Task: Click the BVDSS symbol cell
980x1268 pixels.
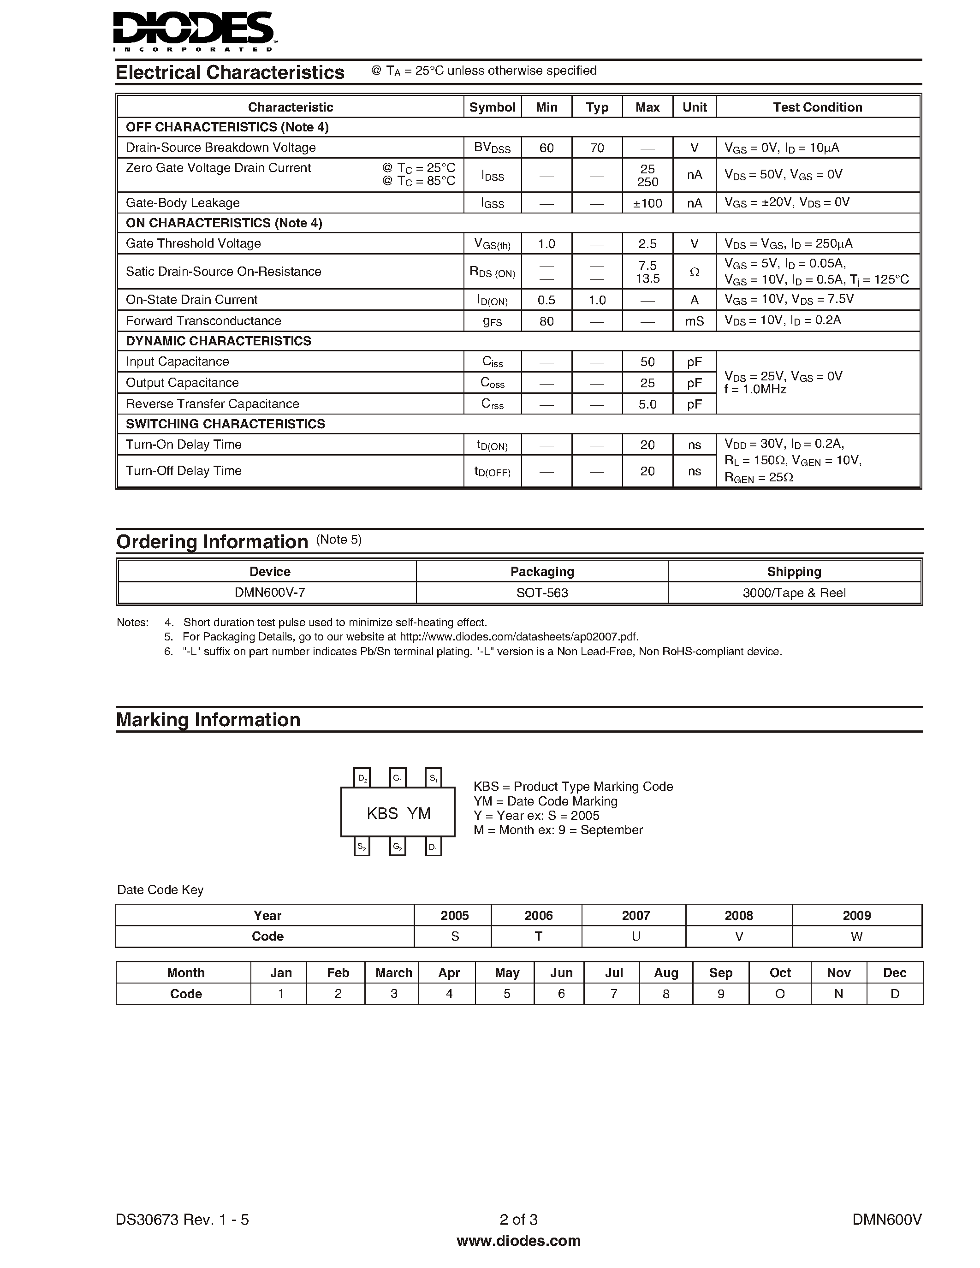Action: (x=493, y=148)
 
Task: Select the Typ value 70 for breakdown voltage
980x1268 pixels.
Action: (x=597, y=148)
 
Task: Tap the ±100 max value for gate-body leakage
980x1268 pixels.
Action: (x=647, y=202)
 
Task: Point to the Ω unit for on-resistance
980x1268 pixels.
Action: (x=695, y=272)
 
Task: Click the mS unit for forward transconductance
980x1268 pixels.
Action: (x=695, y=321)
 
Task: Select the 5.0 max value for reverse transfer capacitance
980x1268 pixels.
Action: (x=647, y=404)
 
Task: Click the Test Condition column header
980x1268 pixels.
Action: (x=818, y=107)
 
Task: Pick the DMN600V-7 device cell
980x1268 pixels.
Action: (x=270, y=593)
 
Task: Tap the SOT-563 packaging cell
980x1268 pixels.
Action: (x=542, y=593)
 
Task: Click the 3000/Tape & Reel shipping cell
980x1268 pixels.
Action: (x=794, y=593)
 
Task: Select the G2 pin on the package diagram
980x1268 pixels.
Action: (x=398, y=847)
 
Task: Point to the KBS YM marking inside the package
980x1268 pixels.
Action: (x=398, y=813)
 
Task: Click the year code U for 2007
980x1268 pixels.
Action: (x=636, y=936)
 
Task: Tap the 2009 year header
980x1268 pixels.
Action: (x=856, y=916)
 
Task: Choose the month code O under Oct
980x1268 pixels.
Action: (x=780, y=994)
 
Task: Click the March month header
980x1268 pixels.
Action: (x=394, y=972)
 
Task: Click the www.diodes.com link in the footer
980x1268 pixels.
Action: (x=518, y=1241)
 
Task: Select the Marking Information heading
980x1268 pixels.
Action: (x=208, y=720)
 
